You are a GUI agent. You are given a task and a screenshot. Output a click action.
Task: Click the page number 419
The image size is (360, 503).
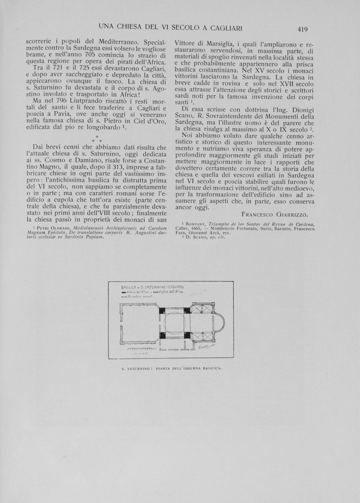(x=302, y=29)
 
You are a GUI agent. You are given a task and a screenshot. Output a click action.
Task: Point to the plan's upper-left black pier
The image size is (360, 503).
(x=161, y=310)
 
